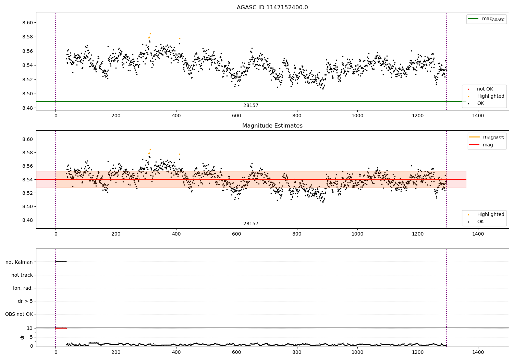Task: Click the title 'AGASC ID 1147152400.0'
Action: pyautogui.click(x=272, y=8)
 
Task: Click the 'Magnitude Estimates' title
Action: pyautogui.click(x=272, y=126)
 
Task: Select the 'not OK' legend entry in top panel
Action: pyautogui.click(x=485, y=89)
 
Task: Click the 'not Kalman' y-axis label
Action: pyautogui.click(x=19, y=262)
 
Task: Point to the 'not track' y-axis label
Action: pyautogui.click(x=22, y=275)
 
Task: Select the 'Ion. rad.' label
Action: pyautogui.click(x=23, y=288)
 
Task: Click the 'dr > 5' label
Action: pyautogui.click(x=25, y=301)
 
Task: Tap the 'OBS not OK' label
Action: pyautogui.click(x=19, y=314)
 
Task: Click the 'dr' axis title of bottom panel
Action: pyautogui.click(x=22, y=337)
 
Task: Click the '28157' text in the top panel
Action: pyautogui.click(x=251, y=106)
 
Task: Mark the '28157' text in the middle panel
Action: pyautogui.click(x=251, y=224)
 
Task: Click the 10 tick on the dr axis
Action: pyautogui.click(x=30, y=328)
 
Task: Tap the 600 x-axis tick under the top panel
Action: pyautogui.click(x=236, y=116)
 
